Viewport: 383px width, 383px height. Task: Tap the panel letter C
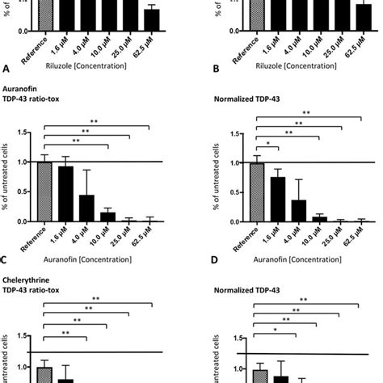pyautogui.click(x=6, y=261)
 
